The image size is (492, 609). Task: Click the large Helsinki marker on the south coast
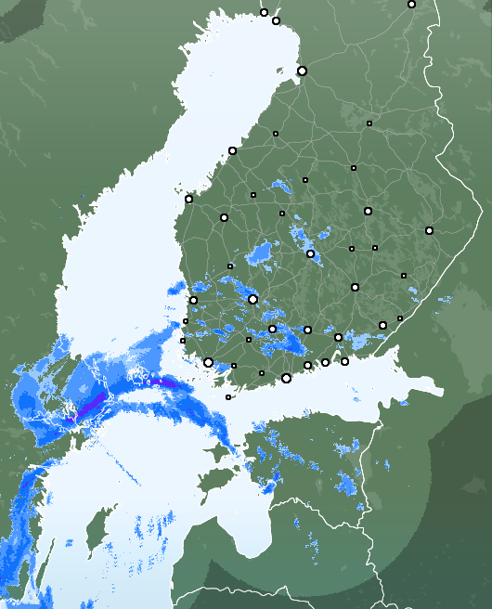(286, 378)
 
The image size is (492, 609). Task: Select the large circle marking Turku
(208, 362)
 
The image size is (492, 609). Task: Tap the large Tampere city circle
(252, 299)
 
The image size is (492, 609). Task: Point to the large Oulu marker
(302, 71)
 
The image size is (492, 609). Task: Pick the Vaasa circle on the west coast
(188, 199)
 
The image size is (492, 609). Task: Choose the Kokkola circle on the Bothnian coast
(232, 150)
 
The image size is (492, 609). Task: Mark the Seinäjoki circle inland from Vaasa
(224, 217)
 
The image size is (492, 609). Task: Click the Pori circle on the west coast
(193, 300)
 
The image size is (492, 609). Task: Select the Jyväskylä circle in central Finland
(310, 253)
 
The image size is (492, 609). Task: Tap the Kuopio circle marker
(368, 211)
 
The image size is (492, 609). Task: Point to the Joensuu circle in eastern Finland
(429, 230)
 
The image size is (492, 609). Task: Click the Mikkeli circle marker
(355, 287)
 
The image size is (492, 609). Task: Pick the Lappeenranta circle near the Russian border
(382, 325)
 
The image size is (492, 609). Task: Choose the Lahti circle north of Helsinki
(307, 330)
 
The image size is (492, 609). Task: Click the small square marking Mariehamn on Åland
(228, 397)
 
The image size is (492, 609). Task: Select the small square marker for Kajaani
(369, 123)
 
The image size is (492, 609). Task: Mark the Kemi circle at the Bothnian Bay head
(276, 20)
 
